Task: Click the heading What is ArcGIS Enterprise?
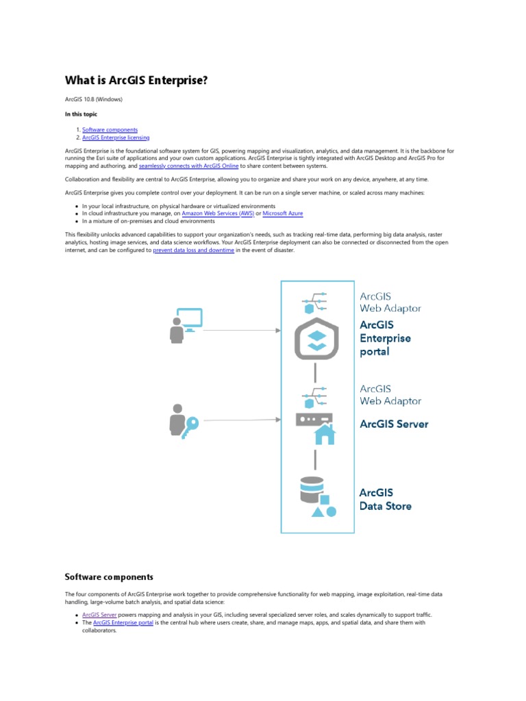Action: (x=136, y=81)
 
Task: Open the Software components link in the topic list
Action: (x=110, y=129)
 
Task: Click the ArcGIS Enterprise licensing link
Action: (x=116, y=138)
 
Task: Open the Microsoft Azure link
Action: (x=283, y=214)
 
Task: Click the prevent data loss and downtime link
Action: (x=194, y=251)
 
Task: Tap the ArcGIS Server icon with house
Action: (x=314, y=427)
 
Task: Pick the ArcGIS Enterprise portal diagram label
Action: (x=385, y=338)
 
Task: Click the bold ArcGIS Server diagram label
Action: (x=394, y=424)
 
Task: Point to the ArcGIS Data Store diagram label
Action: (x=386, y=499)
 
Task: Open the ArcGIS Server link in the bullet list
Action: (x=99, y=615)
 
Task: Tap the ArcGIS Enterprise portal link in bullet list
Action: (x=123, y=623)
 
